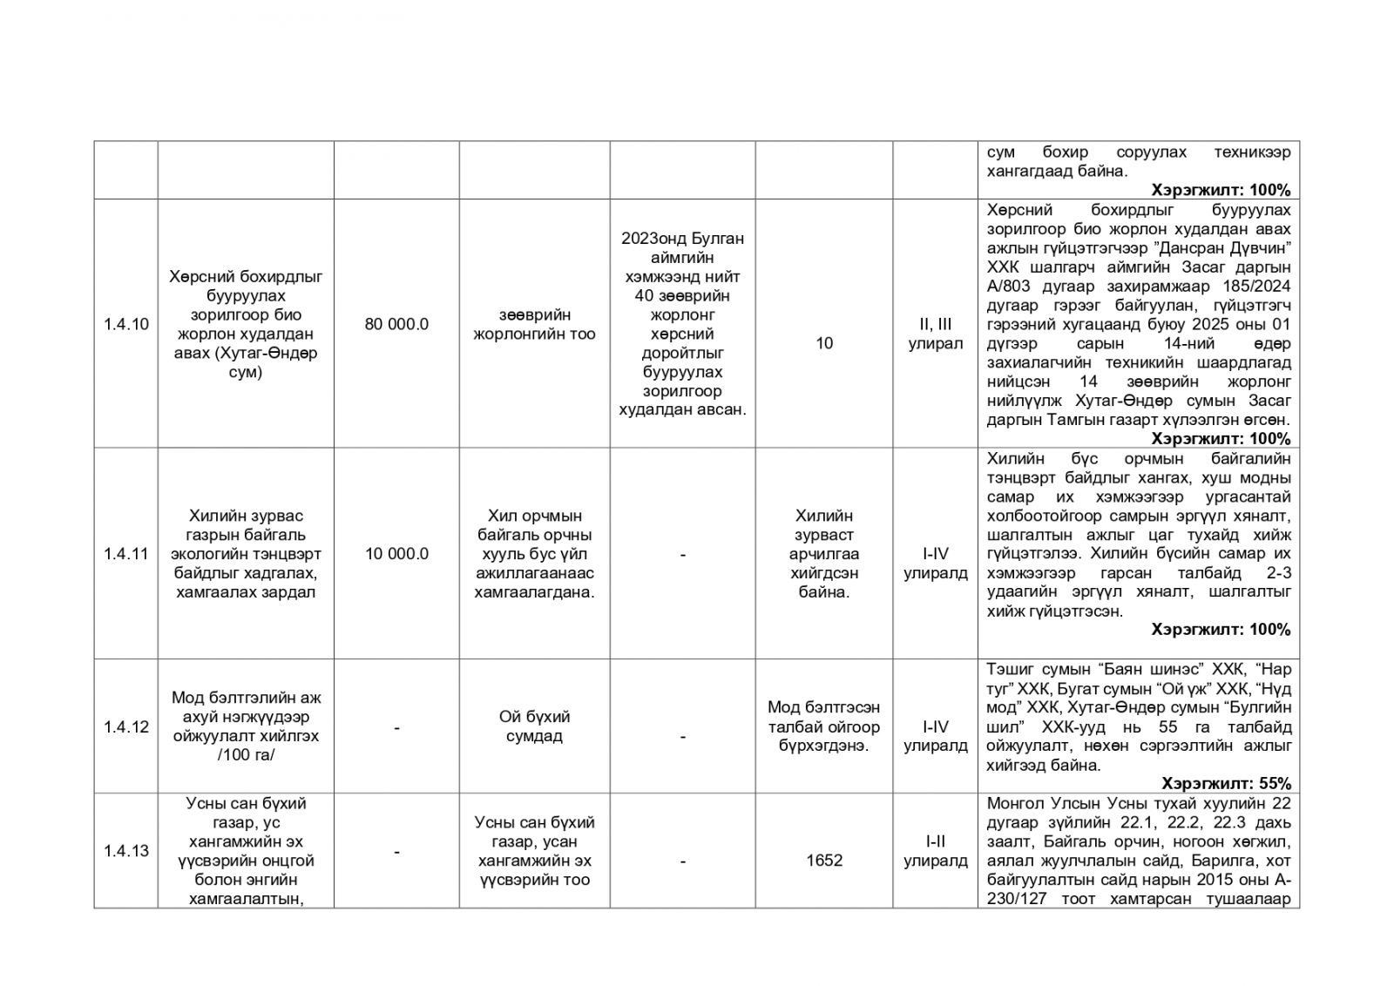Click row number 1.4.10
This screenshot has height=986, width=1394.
click(x=125, y=324)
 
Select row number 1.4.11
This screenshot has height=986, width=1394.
click(x=125, y=554)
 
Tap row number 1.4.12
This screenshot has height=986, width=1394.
click(x=125, y=727)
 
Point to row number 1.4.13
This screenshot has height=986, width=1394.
click(x=125, y=851)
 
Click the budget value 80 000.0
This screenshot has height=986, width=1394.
click(x=396, y=324)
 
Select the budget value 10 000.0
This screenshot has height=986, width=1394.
click(x=396, y=554)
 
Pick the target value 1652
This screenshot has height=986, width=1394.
click(x=823, y=861)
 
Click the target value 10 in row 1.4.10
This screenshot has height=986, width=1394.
click(x=823, y=343)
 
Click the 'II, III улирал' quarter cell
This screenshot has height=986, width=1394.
click(x=935, y=334)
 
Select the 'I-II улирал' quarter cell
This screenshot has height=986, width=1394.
click(x=935, y=851)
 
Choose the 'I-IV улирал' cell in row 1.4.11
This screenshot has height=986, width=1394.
click(x=935, y=564)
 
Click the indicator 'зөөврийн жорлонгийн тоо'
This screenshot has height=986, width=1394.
click(x=534, y=324)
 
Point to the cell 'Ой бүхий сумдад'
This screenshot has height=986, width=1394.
click(x=534, y=726)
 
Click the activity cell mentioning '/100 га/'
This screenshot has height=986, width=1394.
click(x=246, y=726)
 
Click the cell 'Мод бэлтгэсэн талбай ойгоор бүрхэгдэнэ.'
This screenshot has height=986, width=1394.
click(x=823, y=726)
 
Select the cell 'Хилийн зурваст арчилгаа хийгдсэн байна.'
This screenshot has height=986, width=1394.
click(x=823, y=554)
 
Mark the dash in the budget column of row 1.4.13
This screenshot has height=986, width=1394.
click(x=396, y=851)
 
